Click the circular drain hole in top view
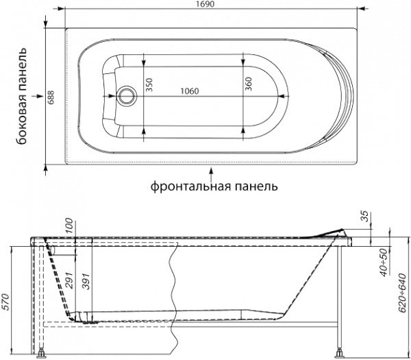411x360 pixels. (x=126, y=95)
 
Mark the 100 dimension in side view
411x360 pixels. (x=68, y=226)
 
